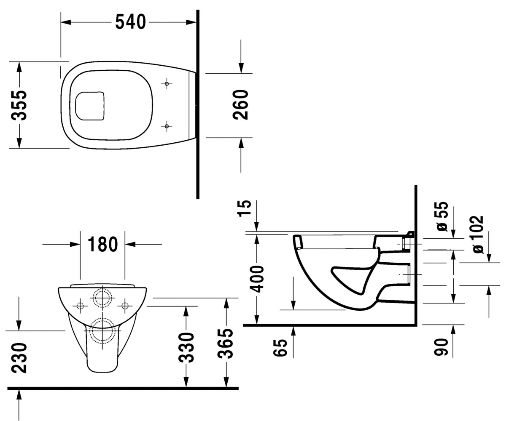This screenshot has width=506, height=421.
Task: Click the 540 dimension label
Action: tap(130, 22)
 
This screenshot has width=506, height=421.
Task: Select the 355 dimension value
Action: tap(19, 105)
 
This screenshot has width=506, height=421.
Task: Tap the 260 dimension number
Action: tap(240, 104)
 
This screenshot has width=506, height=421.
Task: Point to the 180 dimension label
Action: tap(102, 244)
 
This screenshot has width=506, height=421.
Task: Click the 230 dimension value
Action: tap(19, 358)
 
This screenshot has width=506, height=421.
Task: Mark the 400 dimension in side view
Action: tap(257, 279)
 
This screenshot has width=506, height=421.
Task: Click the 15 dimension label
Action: tap(244, 208)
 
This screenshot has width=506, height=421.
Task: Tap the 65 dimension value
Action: tap(280, 348)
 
